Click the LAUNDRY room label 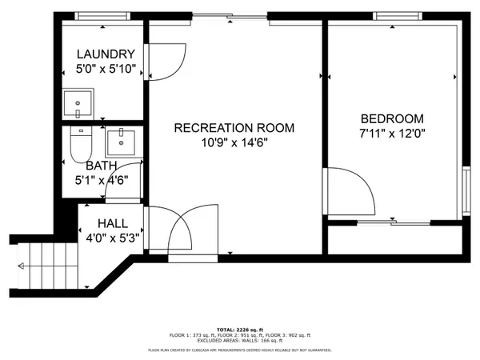coord(105,54)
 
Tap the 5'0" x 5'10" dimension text coord(105,70)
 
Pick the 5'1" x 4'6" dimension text coord(102,180)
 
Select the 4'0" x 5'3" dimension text coord(113,237)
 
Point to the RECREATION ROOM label coord(234,127)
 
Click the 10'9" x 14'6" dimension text coord(234,142)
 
